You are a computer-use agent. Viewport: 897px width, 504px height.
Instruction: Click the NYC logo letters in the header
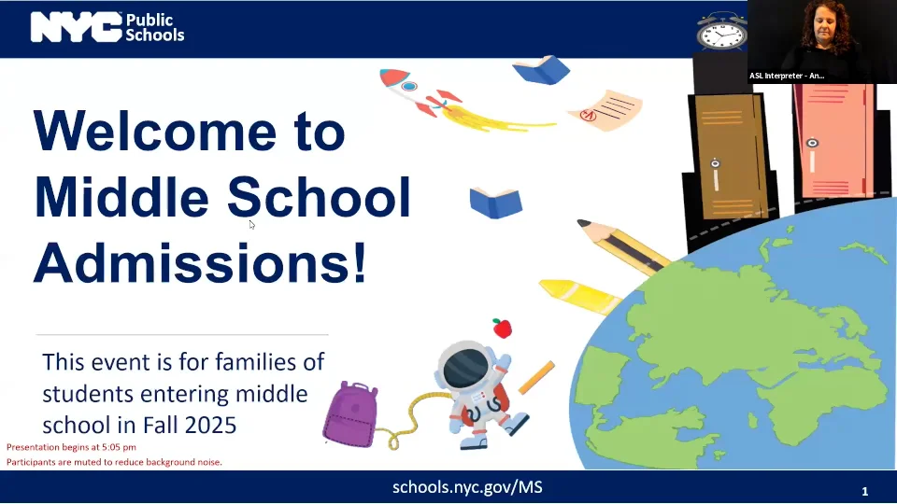[x=76, y=27]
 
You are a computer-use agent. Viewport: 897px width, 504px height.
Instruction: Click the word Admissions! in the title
[x=200, y=262]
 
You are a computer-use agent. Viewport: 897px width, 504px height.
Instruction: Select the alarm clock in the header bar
[x=722, y=31]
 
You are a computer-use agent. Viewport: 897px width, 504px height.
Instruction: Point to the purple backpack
[x=350, y=413]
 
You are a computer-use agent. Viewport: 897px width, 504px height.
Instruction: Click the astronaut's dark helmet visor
[x=466, y=368]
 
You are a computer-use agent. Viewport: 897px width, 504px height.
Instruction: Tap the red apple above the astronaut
[x=502, y=328]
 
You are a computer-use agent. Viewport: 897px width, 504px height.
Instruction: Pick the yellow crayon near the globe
[x=579, y=296]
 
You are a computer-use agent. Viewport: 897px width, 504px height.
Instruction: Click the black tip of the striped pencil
[x=583, y=223]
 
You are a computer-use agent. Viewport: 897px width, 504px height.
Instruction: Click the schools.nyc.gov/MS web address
[x=467, y=487]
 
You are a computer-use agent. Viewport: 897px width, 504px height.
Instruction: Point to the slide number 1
[x=865, y=491]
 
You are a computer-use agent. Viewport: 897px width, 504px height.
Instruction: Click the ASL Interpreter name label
[x=787, y=76]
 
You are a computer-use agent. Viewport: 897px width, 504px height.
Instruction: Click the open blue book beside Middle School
[x=496, y=203]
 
